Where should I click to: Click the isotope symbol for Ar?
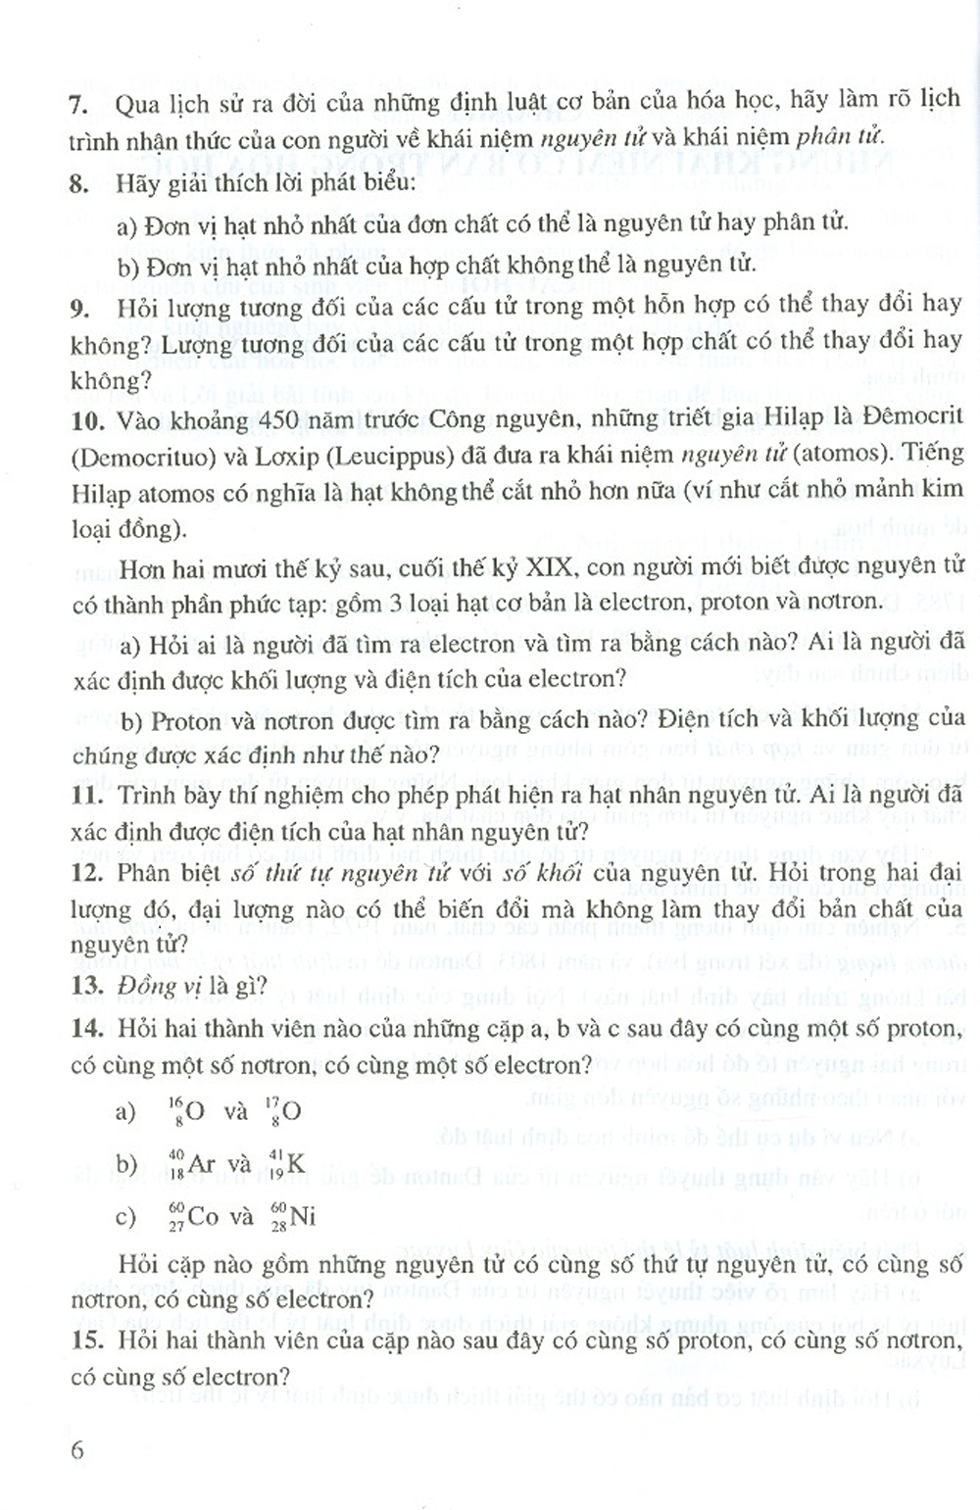click(190, 1163)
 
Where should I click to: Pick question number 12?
click(87, 872)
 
